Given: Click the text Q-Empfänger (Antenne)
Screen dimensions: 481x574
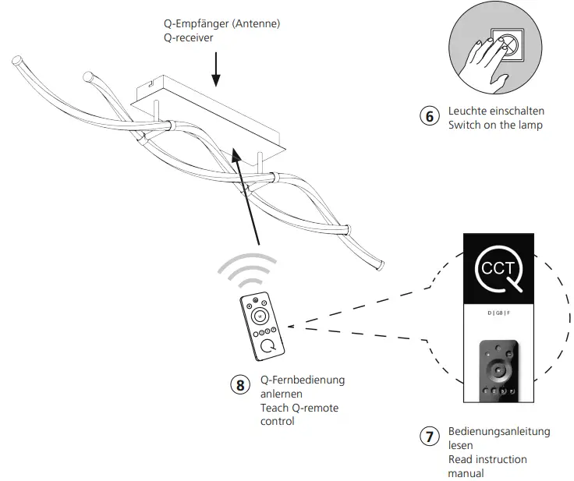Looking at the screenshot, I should [x=216, y=24].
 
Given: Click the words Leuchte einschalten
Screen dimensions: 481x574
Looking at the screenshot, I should [x=496, y=111].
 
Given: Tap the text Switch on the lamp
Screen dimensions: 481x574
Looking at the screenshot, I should [x=495, y=125].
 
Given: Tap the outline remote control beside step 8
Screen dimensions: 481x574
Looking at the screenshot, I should [x=262, y=325].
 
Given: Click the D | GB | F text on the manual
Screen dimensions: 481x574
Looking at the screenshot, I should [x=500, y=313].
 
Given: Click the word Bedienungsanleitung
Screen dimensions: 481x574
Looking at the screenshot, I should [x=499, y=431].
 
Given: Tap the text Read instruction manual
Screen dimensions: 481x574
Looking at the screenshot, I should [x=487, y=466].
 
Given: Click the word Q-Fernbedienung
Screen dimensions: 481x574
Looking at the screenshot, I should [x=303, y=380].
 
